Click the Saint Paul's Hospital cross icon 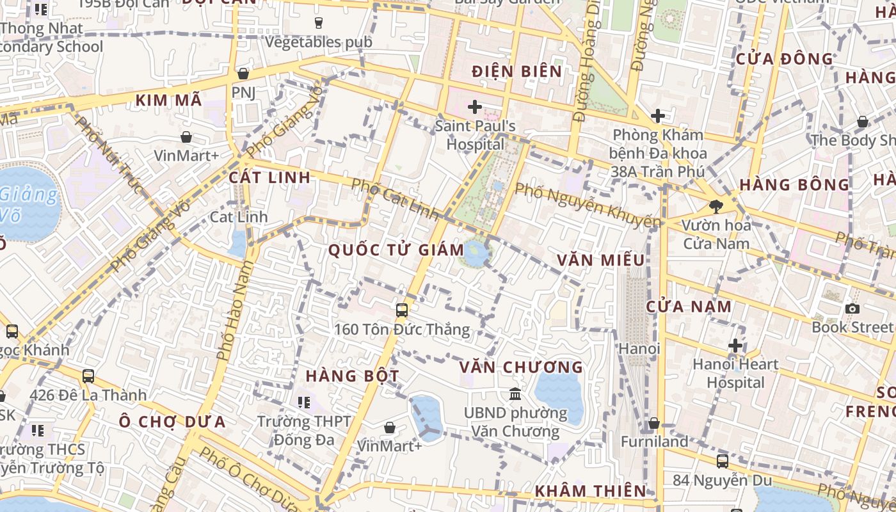point(474,106)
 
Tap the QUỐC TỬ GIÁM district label point(396,250)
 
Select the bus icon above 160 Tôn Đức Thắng point(402,310)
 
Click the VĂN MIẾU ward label point(600,260)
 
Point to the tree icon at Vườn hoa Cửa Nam point(716,207)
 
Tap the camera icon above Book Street point(852,309)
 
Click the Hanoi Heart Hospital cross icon point(735,346)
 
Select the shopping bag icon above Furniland point(653,423)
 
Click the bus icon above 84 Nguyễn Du point(722,461)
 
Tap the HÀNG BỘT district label point(353,376)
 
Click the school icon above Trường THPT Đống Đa point(304,403)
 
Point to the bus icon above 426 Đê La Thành point(88,376)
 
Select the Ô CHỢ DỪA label point(172,422)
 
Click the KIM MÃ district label point(169,100)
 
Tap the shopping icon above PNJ point(243,74)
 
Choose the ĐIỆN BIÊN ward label point(516,71)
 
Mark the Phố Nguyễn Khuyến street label point(588,205)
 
